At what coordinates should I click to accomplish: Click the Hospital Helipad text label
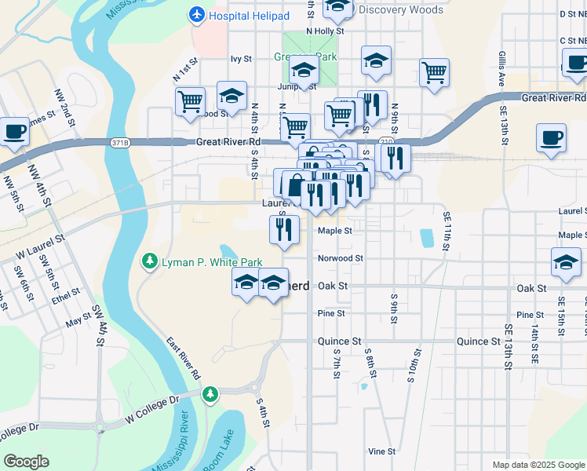pos(250,16)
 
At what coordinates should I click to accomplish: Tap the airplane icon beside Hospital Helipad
pos(197,15)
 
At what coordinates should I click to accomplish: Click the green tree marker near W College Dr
pos(210,393)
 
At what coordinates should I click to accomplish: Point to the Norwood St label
pos(340,258)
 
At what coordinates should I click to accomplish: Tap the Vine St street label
pos(381,451)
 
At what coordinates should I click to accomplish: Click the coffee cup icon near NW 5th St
pos(14,132)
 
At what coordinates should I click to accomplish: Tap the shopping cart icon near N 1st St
pos(191,102)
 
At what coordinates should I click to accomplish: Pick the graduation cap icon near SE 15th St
pos(565,263)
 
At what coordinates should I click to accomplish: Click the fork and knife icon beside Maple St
pos(284,229)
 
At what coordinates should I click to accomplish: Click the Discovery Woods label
pos(400,10)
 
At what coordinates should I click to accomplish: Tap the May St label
pos(78,322)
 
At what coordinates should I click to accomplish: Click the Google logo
pos(26,461)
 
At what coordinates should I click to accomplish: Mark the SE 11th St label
pos(447,231)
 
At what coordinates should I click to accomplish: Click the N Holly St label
pos(326,31)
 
